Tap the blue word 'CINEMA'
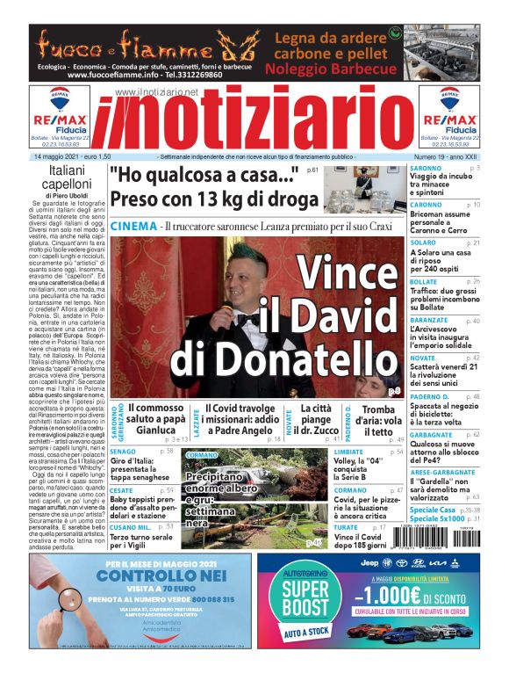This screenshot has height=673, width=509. (134, 227)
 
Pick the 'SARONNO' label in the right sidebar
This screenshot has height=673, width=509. (426, 168)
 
